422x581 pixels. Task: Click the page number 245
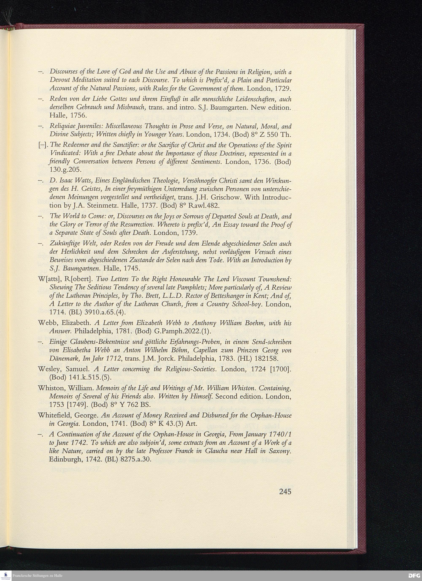pos(285,492)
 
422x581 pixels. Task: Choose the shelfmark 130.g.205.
pos(65,170)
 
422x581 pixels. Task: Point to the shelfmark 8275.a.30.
pos(138,459)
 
